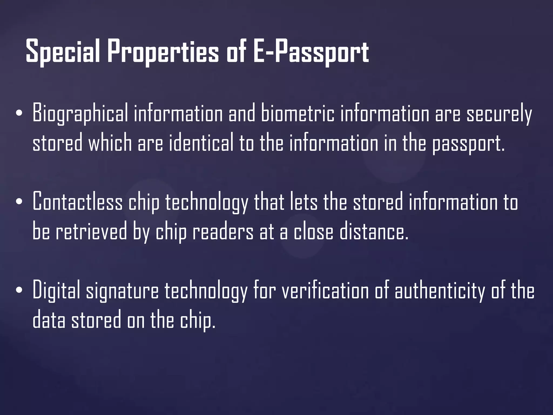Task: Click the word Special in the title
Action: (63, 51)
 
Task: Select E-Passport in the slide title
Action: (311, 51)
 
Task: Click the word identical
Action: (201, 143)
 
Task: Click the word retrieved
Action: (91, 232)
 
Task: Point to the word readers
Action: (223, 232)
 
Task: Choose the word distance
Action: (374, 232)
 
